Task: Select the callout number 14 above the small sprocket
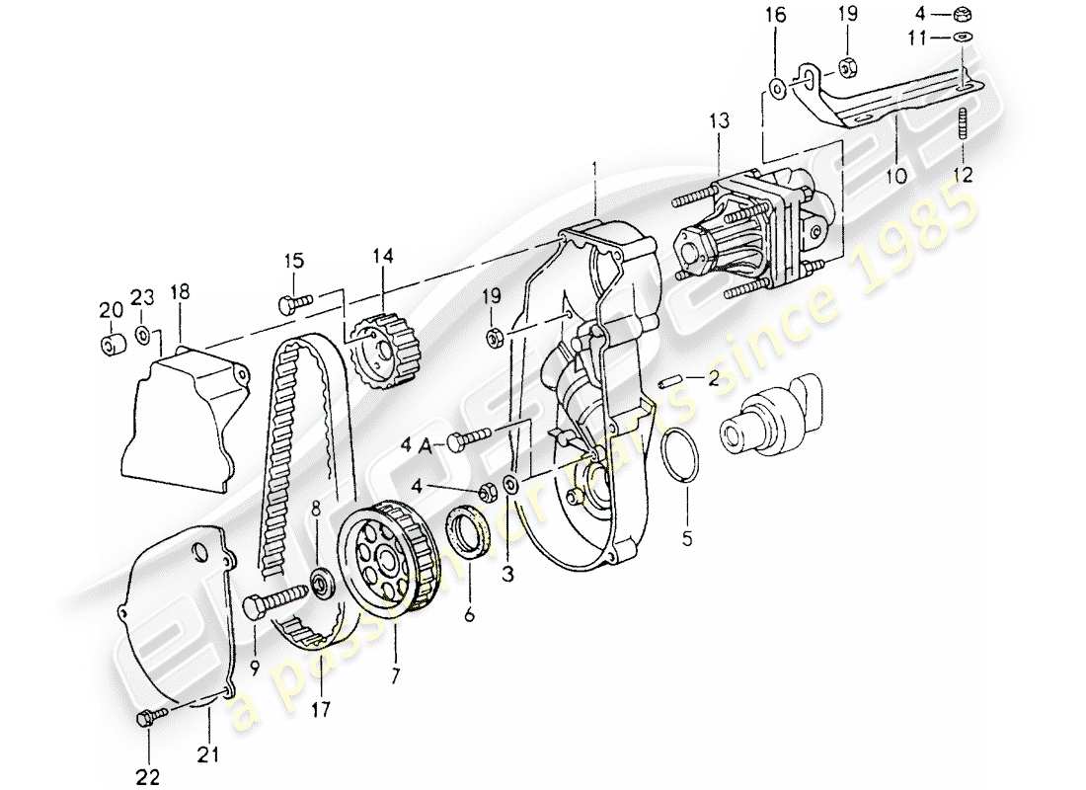382,257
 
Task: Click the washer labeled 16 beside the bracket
777,88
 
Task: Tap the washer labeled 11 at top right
963,39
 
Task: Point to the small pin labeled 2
668,380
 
